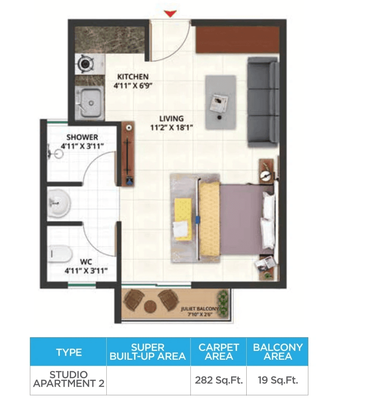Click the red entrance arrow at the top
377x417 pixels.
coord(170,14)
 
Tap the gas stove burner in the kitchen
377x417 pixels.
coord(85,64)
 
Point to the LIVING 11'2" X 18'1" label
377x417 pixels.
coord(171,123)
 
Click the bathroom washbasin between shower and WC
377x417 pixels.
coord(59,203)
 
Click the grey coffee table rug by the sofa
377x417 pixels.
coord(220,102)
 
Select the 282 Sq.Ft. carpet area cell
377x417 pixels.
coord(219,380)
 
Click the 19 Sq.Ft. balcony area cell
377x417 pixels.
coord(277,380)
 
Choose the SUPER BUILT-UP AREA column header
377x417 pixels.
coord(148,352)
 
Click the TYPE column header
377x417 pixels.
coord(69,352)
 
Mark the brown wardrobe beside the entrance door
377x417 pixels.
coord(237,40)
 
